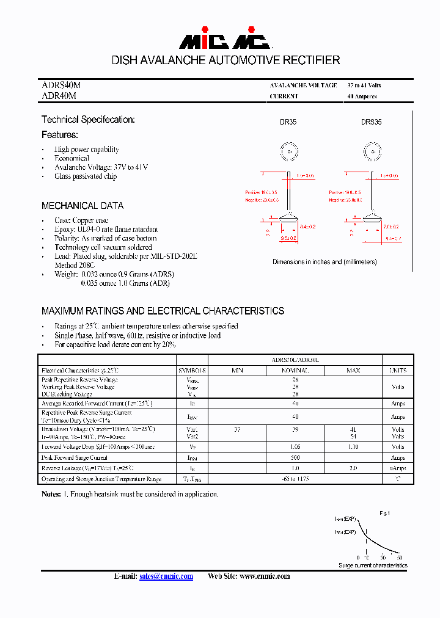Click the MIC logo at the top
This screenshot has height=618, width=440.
point(224,40)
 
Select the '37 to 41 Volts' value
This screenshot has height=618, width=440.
point(364,85)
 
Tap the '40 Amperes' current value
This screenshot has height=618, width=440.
point(362,96)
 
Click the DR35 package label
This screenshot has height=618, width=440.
point(288,122)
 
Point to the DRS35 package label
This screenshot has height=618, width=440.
point(371,122)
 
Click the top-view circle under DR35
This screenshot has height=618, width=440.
point(288,151)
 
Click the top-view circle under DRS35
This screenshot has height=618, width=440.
point(371,151)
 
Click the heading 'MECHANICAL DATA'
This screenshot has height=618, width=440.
point(82,206)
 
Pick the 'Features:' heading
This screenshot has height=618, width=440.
point(60,134)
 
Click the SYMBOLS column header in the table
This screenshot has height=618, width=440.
point(193,371)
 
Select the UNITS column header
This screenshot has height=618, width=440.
point(397,371)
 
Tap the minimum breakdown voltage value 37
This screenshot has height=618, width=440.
point(237,430)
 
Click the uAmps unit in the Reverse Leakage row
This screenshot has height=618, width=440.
point(397,468)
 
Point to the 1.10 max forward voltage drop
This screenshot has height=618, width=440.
point(353,447)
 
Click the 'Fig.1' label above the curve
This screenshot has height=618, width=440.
point(384,514)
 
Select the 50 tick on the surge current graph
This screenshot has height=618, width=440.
point(400,558)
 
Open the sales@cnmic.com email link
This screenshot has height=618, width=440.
point(166,576)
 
